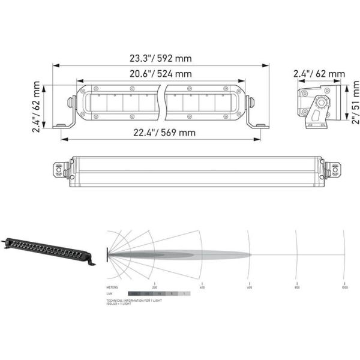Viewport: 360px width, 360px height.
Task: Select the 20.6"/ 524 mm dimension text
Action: (x=161, y=74)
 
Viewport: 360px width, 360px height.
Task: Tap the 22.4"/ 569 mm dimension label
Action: (x=161, y=133)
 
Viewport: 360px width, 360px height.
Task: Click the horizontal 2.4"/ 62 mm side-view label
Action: (x=319, y=74)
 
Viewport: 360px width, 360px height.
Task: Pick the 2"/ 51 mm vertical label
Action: (x=355, y=103)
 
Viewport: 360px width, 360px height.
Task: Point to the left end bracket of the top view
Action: (x=59, y=170)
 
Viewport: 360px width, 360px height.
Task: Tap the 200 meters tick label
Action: (x=155, y=287)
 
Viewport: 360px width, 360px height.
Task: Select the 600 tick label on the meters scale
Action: (x=249, y=287)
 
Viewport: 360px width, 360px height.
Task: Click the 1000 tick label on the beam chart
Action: (x=344, y=287)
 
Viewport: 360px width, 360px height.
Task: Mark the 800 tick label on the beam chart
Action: (x=296, y=287)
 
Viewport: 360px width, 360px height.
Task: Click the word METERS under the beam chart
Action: (x=112, y=287)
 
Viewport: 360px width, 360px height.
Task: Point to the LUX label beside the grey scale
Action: (x=109, y=293)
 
